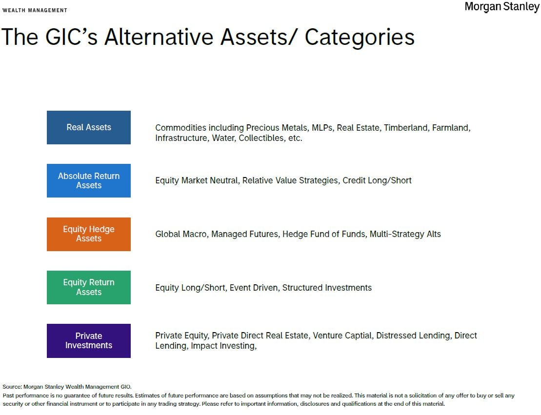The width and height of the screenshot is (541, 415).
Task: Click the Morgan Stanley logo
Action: click(501, 7)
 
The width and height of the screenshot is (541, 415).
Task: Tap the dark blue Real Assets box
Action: click(89, 127)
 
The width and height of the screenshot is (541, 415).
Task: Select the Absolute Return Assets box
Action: click(89, 181)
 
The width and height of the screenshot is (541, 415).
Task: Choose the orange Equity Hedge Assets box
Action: click(89, 234)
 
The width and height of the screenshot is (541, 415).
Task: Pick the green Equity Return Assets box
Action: click(89, 287)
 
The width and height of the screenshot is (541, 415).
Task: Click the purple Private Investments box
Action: click(89, 341)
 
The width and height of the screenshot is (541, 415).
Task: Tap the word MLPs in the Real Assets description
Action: click(322, 128)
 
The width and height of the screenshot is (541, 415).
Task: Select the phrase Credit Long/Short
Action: click(377, 180)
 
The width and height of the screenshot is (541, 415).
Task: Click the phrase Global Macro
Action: click(181, 234)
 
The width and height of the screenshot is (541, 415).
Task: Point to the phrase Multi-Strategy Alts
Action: click(405, 234)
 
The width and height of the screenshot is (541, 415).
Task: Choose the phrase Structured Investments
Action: click(327, 288)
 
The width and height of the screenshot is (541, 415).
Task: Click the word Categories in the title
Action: click(360, 37)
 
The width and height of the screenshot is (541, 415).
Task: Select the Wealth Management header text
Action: click(35, 10)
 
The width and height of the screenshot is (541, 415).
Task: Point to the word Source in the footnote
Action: click(12, 387)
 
